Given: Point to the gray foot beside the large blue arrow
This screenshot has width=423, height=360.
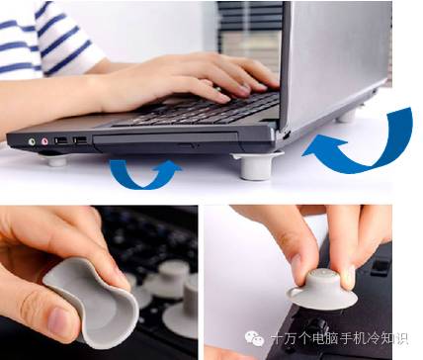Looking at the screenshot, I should [x=257, y=163].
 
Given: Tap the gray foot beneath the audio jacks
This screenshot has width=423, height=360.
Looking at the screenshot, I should [x=56, y=158].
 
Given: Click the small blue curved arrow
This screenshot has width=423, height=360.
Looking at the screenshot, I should [x=145, y=172].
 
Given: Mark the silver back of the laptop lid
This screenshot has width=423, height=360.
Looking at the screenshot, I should [x=336, y=54].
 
